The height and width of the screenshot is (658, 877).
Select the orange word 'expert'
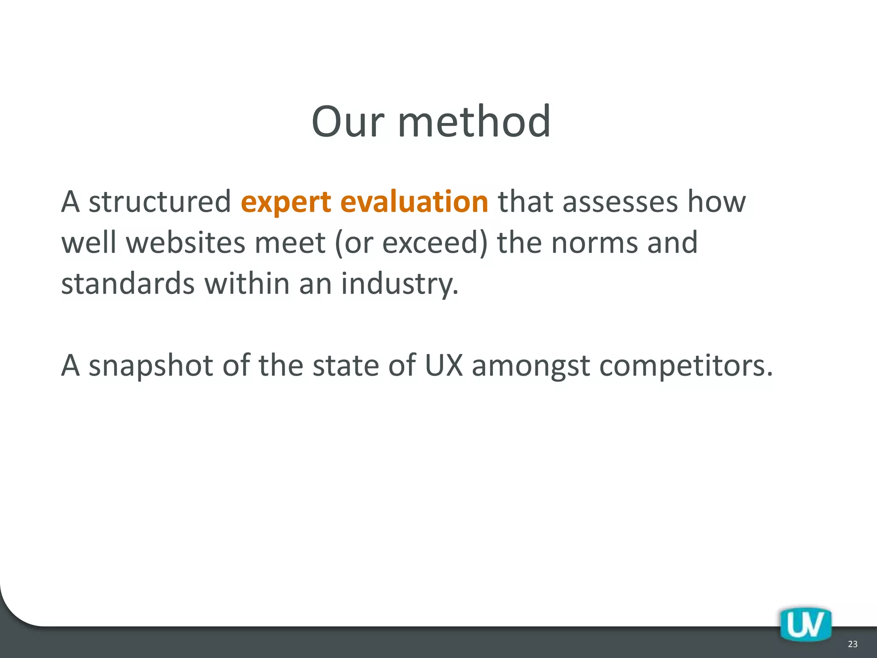click(x=286, y=202)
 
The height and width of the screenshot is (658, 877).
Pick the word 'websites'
click(x=185, y=242)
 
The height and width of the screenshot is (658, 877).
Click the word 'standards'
click(x=128, y=283)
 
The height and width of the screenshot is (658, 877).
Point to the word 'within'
click(x=247, y=283)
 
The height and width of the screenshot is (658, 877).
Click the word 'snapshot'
click(x=151, y=366)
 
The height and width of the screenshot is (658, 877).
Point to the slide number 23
click(x=853, y=644)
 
